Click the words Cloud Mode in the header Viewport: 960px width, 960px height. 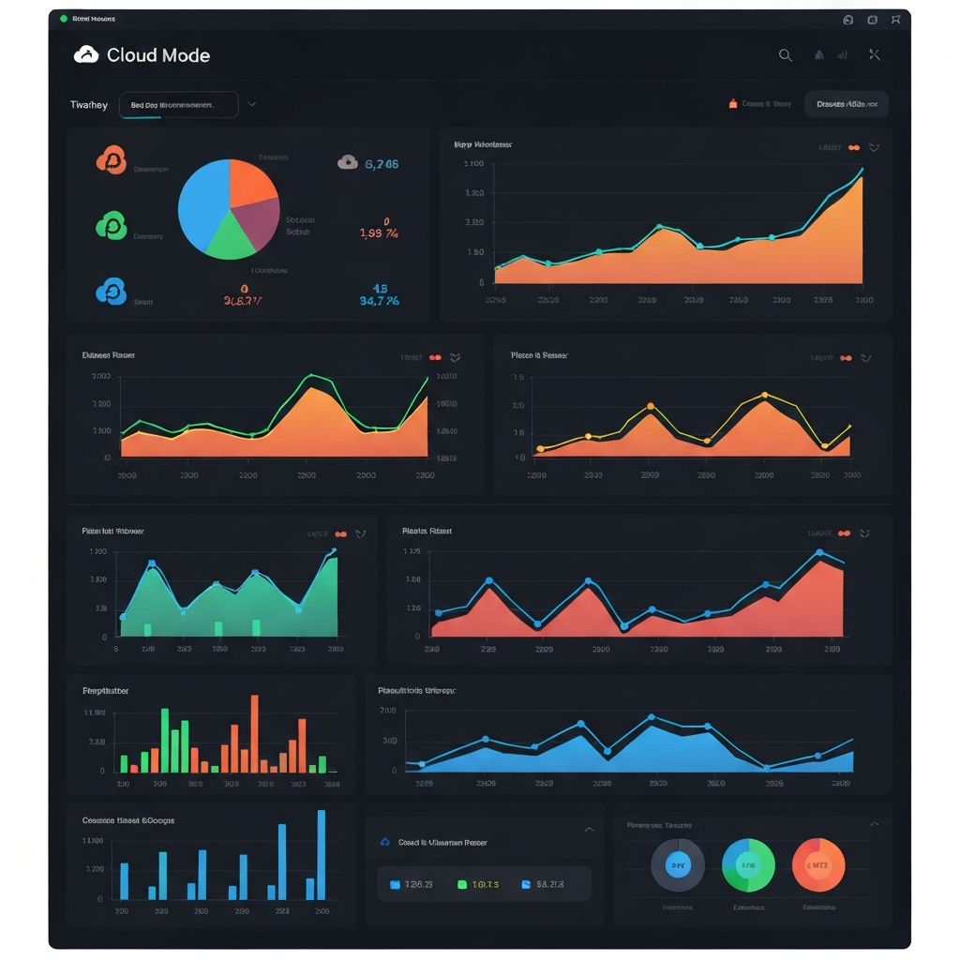[157, 55]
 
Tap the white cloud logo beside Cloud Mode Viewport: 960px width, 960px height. [86, 54]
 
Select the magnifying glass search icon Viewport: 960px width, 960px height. [786, 55]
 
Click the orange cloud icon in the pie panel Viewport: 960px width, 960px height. [111, 160]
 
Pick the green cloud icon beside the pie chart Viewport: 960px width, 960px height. [111, 225]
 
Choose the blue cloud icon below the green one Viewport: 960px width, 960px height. [111, 292]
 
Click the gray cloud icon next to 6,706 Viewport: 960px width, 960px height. [347, 162]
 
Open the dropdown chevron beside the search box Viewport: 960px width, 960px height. [252, 105]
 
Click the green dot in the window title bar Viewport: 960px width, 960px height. [63, 19]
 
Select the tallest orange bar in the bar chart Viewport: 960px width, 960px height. [254, 732]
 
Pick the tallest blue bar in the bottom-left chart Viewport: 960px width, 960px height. [322, 854]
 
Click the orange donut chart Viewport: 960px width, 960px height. [818, 864]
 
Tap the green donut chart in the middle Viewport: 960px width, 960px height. [748, 864]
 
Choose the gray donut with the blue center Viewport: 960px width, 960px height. [678, 864]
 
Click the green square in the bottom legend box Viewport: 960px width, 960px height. [461, 884]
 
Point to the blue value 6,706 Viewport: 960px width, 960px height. [382, 163]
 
